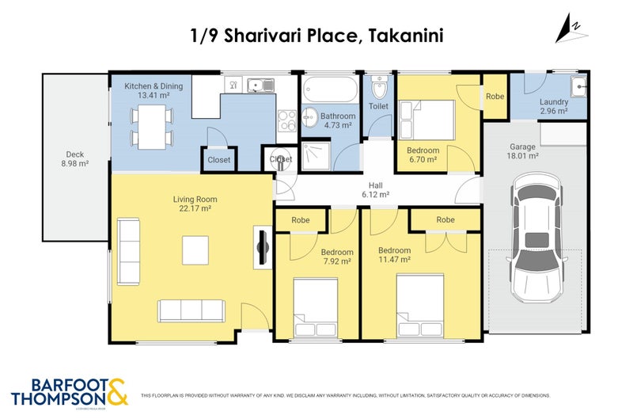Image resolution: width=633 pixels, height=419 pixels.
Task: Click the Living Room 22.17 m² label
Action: coord(195,204)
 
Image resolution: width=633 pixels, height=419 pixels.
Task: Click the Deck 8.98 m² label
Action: coord(75,159)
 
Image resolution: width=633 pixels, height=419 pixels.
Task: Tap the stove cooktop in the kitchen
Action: coord(286,121)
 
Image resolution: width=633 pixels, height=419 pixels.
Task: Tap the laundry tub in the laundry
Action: coord(578,87)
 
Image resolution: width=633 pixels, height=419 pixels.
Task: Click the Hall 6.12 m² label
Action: coord(375,189)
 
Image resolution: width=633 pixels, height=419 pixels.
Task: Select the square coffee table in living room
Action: coord(196,250)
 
